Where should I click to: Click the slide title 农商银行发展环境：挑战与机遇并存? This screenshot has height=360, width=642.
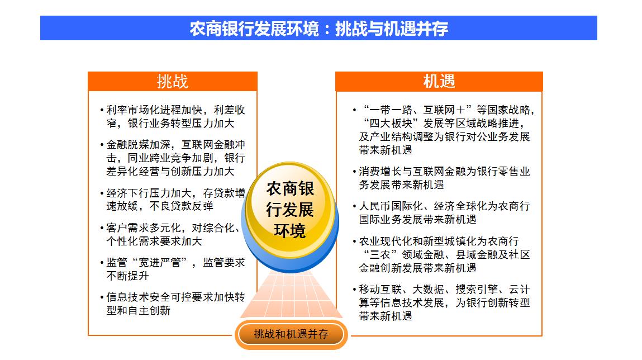(x=318, y=29)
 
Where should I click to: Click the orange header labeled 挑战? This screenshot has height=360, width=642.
(x=173, y=81)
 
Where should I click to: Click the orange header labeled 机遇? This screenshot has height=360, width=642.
(x=439, y=81)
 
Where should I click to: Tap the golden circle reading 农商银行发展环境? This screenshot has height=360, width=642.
(x=290, y=209)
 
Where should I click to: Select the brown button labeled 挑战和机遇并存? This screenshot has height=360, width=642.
(x=291, y=334)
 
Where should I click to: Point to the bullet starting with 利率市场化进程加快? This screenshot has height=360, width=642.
(x=173, y=116)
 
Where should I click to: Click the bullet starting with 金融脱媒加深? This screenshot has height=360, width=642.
(x=173, y=158)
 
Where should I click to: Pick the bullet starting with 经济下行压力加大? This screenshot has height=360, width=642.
(x=173, y=200)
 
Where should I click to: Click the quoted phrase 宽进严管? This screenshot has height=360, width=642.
(x=160, y=263)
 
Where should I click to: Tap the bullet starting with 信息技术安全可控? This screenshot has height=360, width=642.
(x=173, y=304)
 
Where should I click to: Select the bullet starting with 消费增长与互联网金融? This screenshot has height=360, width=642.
(x=441, y=178)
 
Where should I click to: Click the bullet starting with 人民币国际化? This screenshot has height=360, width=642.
(x=441, y=212)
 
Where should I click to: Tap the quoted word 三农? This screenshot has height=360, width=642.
(x=380, y=255)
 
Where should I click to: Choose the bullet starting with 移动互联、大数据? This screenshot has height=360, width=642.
(x=441, y=302)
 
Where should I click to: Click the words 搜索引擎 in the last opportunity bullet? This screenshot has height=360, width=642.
(x=477, y=290)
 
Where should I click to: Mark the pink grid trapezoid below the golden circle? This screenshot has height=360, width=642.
(x=291, y=294)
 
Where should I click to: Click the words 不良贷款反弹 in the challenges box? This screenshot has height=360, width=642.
(x=182, y=206)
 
